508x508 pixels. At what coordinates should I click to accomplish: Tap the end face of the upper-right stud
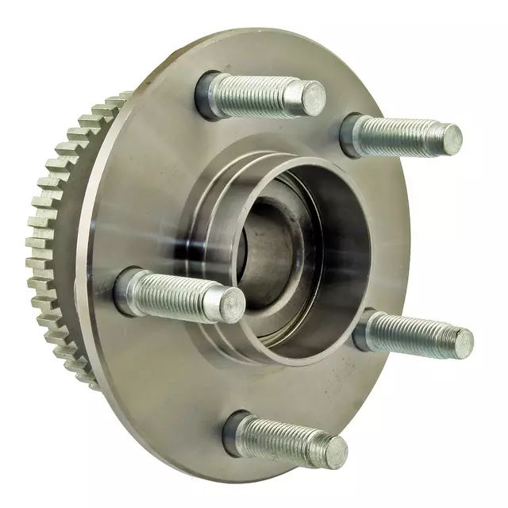pyautogui.click(x=450, y=140)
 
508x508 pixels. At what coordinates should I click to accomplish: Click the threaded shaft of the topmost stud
pyautogui.click(x=262, y=95)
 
